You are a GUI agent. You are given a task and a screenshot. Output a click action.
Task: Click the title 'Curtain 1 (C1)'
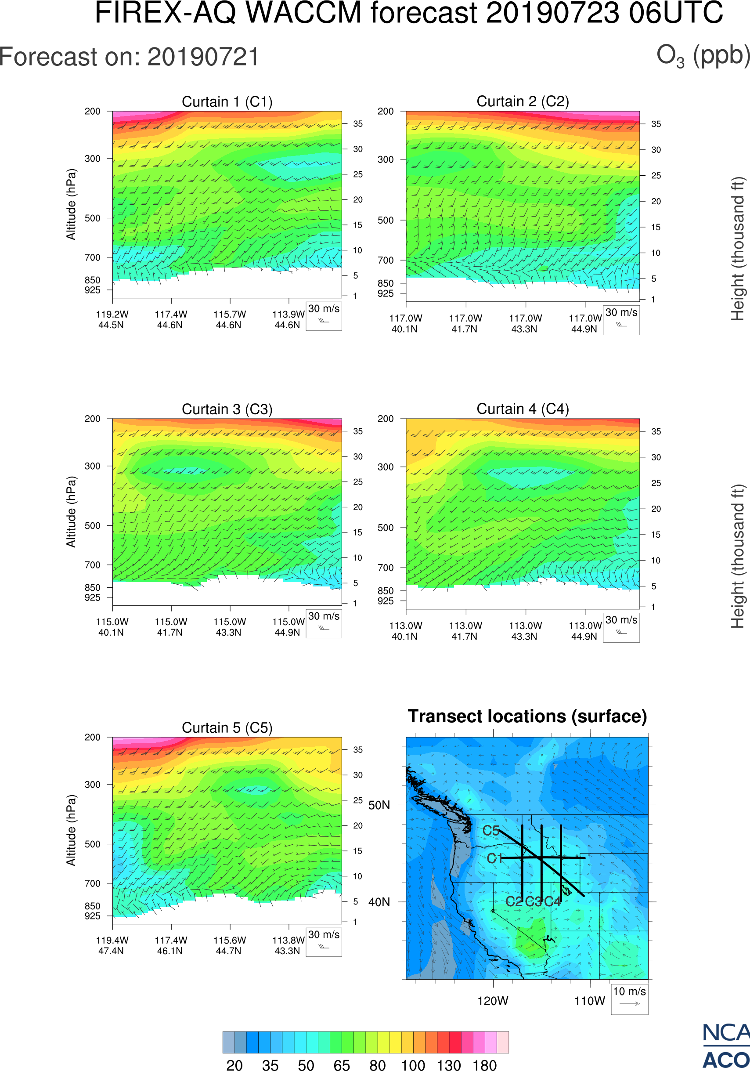click(x=227, y=101)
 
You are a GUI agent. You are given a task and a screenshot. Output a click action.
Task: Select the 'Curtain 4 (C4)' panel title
click(x=523, y=409)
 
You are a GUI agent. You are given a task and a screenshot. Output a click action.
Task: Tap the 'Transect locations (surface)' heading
click(x=527, y=716)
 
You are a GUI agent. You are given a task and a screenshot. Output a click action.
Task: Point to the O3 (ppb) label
click(x=703, y=56)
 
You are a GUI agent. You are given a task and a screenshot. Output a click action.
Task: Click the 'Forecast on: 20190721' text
click(x=129, y=57)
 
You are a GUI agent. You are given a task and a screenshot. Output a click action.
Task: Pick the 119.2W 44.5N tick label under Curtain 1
click(x=112, y=319)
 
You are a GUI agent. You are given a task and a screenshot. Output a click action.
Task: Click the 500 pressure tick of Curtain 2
click(x=386, y=220)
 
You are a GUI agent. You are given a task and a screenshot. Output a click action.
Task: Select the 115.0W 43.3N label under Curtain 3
click(x=229, y=627)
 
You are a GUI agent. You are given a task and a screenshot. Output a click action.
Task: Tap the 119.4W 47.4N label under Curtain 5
click(x=112, y=945)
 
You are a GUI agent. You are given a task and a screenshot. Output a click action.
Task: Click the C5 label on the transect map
click(x=491, y=831)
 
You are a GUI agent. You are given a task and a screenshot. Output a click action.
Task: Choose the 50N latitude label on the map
click(x=379, y=806)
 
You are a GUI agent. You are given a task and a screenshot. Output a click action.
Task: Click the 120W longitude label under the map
click(x=493, y=1001)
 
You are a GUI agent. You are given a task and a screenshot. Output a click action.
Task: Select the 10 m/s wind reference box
click(x=629, y=999)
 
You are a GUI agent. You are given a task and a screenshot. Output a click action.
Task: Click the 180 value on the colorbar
click(x=484, y=1065)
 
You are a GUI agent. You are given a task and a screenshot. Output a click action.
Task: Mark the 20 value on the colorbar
click(x=234, y=1065)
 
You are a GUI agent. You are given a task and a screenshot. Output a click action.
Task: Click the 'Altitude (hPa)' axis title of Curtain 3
click(x=71, y=512)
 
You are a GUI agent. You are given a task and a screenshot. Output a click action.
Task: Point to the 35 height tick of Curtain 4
click(x=656, y=431)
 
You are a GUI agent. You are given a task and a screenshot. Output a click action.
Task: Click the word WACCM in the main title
click(x=303, y=13)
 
